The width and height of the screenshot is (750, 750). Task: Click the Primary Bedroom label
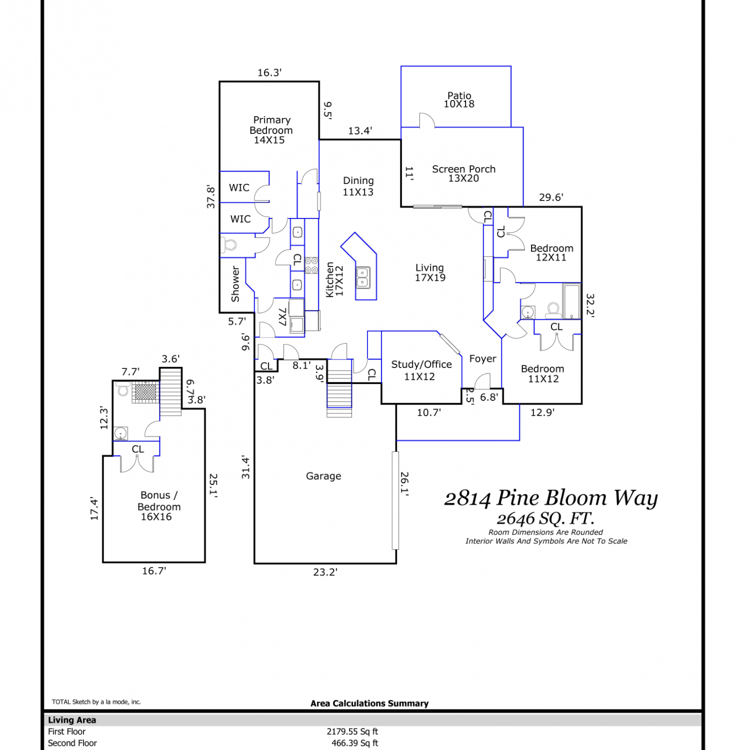pos(271,130)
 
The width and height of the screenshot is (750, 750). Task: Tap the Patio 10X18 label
pos(459,99)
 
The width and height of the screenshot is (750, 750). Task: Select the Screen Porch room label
pos(463,173)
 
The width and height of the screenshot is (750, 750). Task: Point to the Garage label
pos(323,476)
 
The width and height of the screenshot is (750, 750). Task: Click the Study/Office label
pos(421,370)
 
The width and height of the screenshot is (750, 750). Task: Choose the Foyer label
pos(482,359)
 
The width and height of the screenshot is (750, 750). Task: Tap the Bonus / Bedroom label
pos(158,505)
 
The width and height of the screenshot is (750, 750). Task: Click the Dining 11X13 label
pos(358,186)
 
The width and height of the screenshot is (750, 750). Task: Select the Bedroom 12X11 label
pos(551,252)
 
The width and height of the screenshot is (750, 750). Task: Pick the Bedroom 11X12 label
pos(542,373)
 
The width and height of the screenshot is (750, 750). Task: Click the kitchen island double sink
pos(363,277)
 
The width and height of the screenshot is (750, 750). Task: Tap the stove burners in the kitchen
pos(311,265)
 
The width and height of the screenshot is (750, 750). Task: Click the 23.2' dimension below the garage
pos(325,572)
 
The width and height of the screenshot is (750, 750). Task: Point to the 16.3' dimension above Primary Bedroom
pos(269,72)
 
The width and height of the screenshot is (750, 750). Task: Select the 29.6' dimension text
pos(551,197)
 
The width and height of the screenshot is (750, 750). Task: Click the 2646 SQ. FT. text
pos(545,518)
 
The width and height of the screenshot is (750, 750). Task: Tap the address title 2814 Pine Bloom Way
pos(551,498)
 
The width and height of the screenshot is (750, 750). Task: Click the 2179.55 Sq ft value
pos(352,731)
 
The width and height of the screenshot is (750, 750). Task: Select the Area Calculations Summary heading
pos(369,703)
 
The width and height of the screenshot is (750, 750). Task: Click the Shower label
pos(235,284)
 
